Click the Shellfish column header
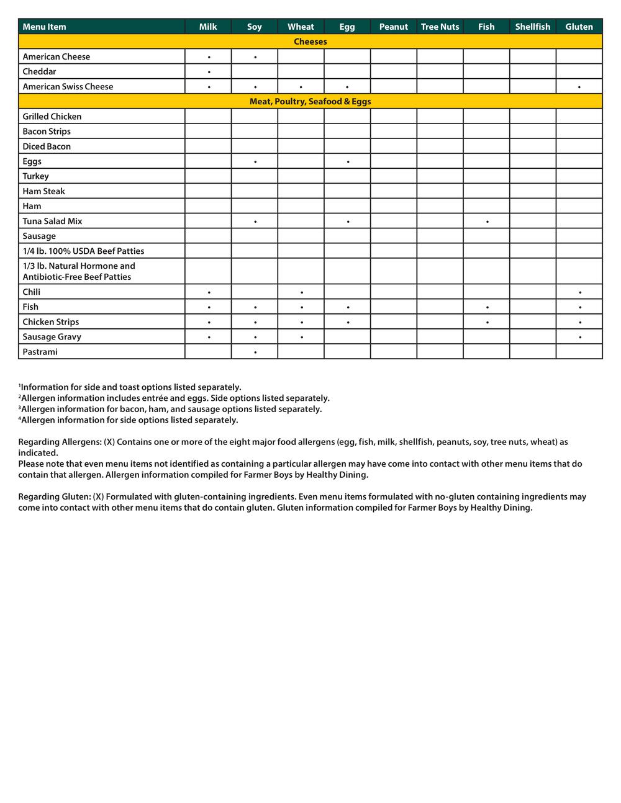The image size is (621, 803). [532, 27]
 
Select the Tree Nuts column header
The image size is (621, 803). [440, 27]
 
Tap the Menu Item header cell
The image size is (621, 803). [44, 27]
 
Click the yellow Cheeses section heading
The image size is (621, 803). [310, 42]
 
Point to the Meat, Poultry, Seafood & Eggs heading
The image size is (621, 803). [310, 101]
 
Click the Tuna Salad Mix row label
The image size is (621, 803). [52, 221]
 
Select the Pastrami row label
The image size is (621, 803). [40, 352]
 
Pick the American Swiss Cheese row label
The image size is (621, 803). [68, 86]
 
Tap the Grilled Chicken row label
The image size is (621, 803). [52, 116]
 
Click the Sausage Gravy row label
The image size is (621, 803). [52, 336]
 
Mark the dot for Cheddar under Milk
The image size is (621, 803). [209, 72]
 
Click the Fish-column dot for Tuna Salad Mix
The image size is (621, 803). [487, 222]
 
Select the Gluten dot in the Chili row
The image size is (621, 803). [580, 292]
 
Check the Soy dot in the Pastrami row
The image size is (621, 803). [255, 352]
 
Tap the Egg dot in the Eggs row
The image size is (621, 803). [348, 162]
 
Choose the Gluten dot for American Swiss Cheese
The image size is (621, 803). [579, 87]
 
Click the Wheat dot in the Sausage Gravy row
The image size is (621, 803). [302, 337]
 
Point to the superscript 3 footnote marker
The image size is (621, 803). [20, 407]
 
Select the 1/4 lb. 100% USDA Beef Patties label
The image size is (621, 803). [83, 251]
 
